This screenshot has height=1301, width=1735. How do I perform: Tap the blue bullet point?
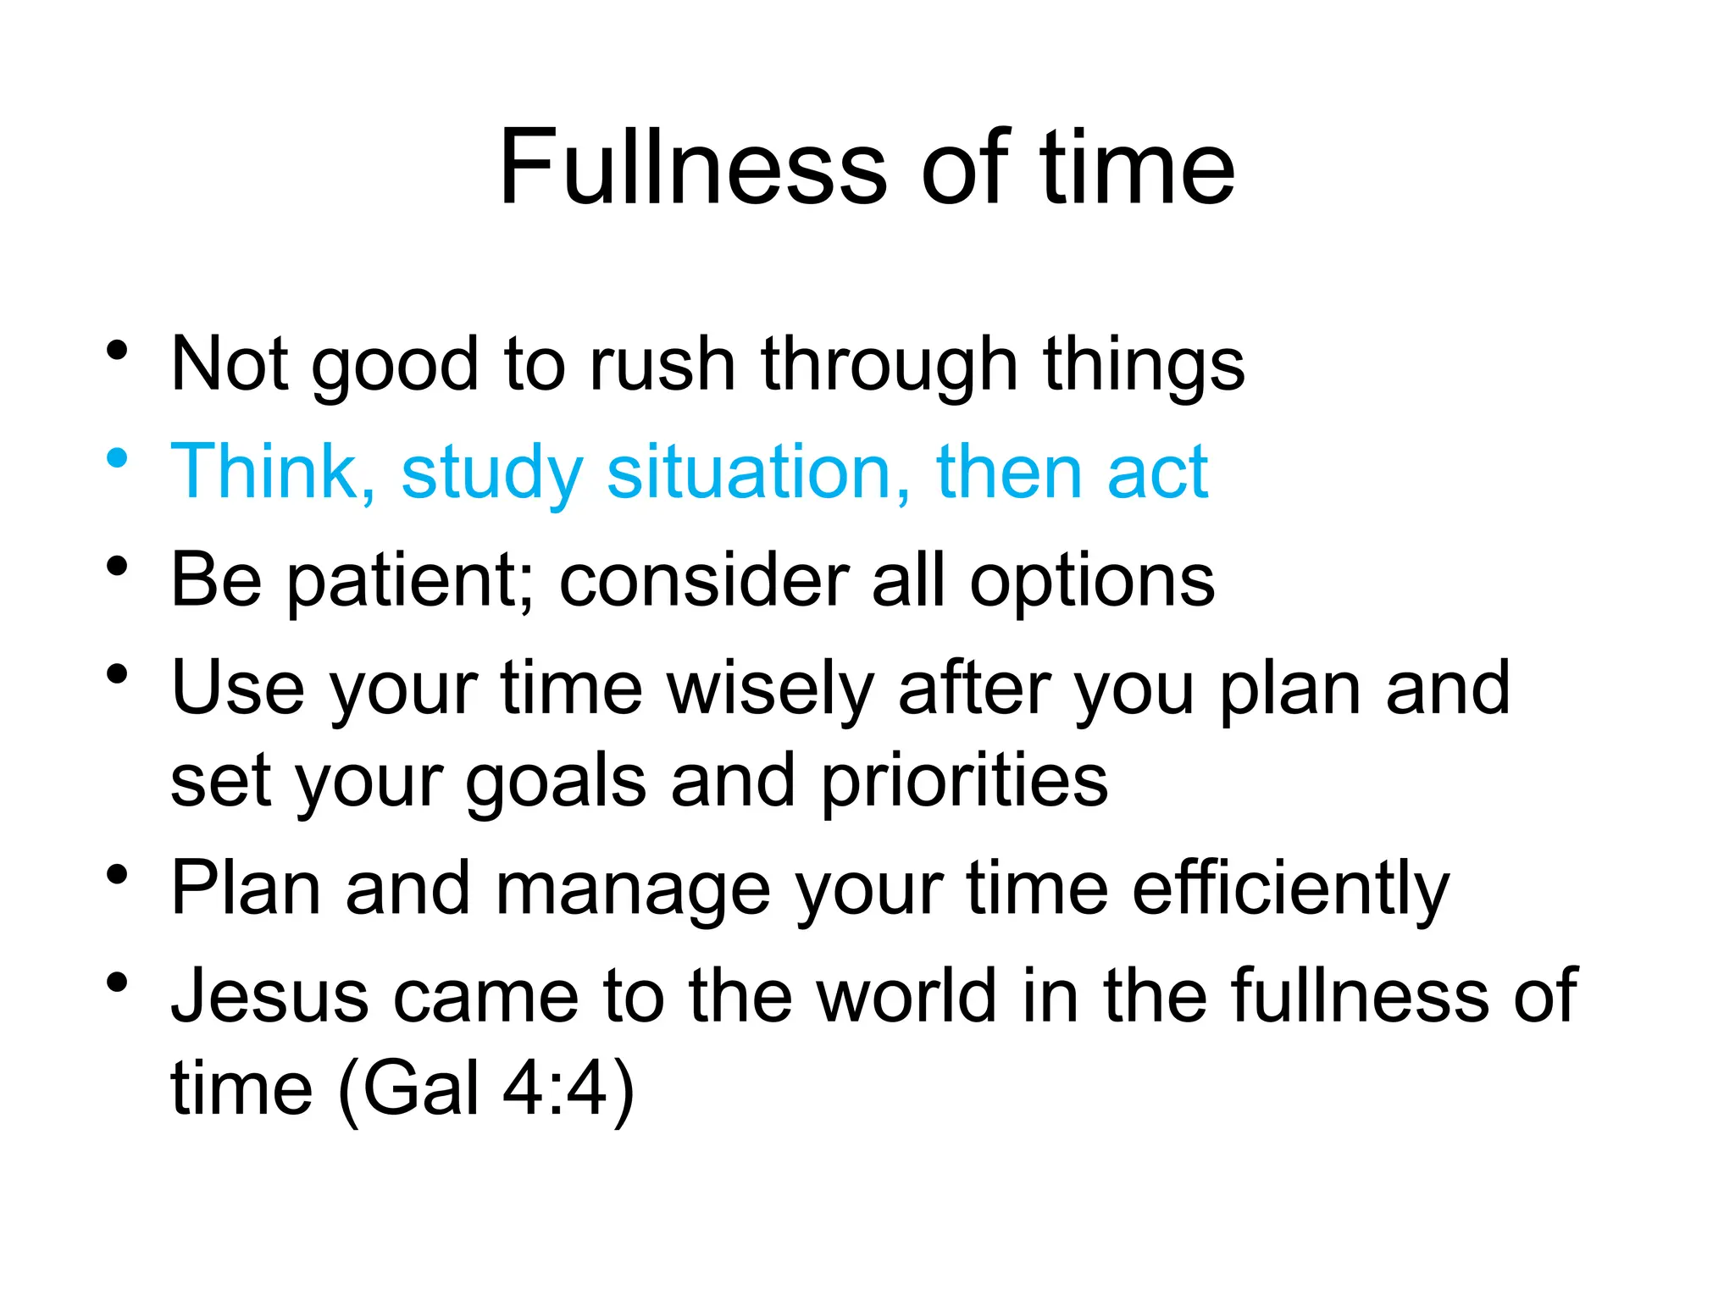(117, 458)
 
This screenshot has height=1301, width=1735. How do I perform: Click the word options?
(1092, 582)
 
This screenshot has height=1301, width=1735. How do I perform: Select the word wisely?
(770, 689)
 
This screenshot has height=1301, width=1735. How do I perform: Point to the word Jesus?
(269, 996)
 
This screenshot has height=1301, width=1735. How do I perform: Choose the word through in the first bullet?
(889, 365)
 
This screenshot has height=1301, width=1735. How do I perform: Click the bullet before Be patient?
(117, 566)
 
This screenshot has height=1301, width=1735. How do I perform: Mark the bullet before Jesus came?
(117, 983)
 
